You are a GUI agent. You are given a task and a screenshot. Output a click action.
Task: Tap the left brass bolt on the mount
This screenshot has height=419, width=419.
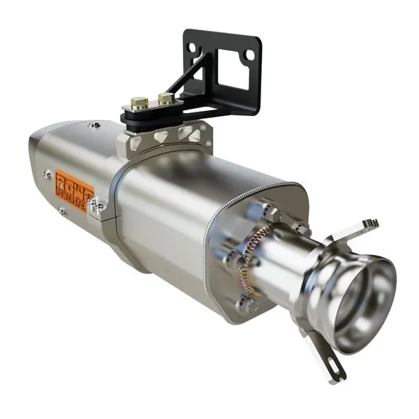139,103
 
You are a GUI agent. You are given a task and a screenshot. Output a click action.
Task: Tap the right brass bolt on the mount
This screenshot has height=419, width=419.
166,98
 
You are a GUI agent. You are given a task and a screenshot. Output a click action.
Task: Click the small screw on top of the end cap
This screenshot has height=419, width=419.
94,125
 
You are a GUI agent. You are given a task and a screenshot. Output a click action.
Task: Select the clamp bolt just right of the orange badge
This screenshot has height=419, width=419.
98,205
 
